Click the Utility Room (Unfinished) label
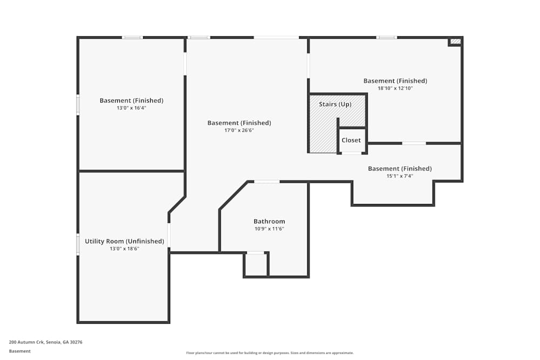(x=124, y=241)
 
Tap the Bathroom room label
(x=269, y=221)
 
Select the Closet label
(x=351, y=140)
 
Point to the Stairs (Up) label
(x=335, y=104)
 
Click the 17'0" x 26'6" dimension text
(x=239, y=130)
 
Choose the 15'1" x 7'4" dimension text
(x=400, y=176)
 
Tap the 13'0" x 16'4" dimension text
(x=131, y=107)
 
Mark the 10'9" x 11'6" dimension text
(x=269, y=229)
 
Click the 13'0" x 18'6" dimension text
(x=124, y=249)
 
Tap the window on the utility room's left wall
(x=78, y=244)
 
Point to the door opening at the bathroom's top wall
(x=267, y=182)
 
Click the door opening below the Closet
(x=352, y=153)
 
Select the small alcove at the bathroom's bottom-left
(x=256, y=264)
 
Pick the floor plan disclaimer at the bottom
(x=270, y=353)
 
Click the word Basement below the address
(x=20, y=351)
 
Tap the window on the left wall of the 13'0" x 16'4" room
(x=78, y=105)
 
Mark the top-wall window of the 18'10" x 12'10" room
(x=387, y=37)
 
